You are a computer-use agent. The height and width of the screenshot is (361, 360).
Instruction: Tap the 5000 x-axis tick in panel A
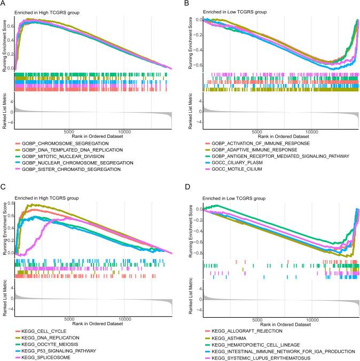pos(68,131)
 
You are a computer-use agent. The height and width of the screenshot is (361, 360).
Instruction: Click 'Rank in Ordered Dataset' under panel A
pos(93,137)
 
